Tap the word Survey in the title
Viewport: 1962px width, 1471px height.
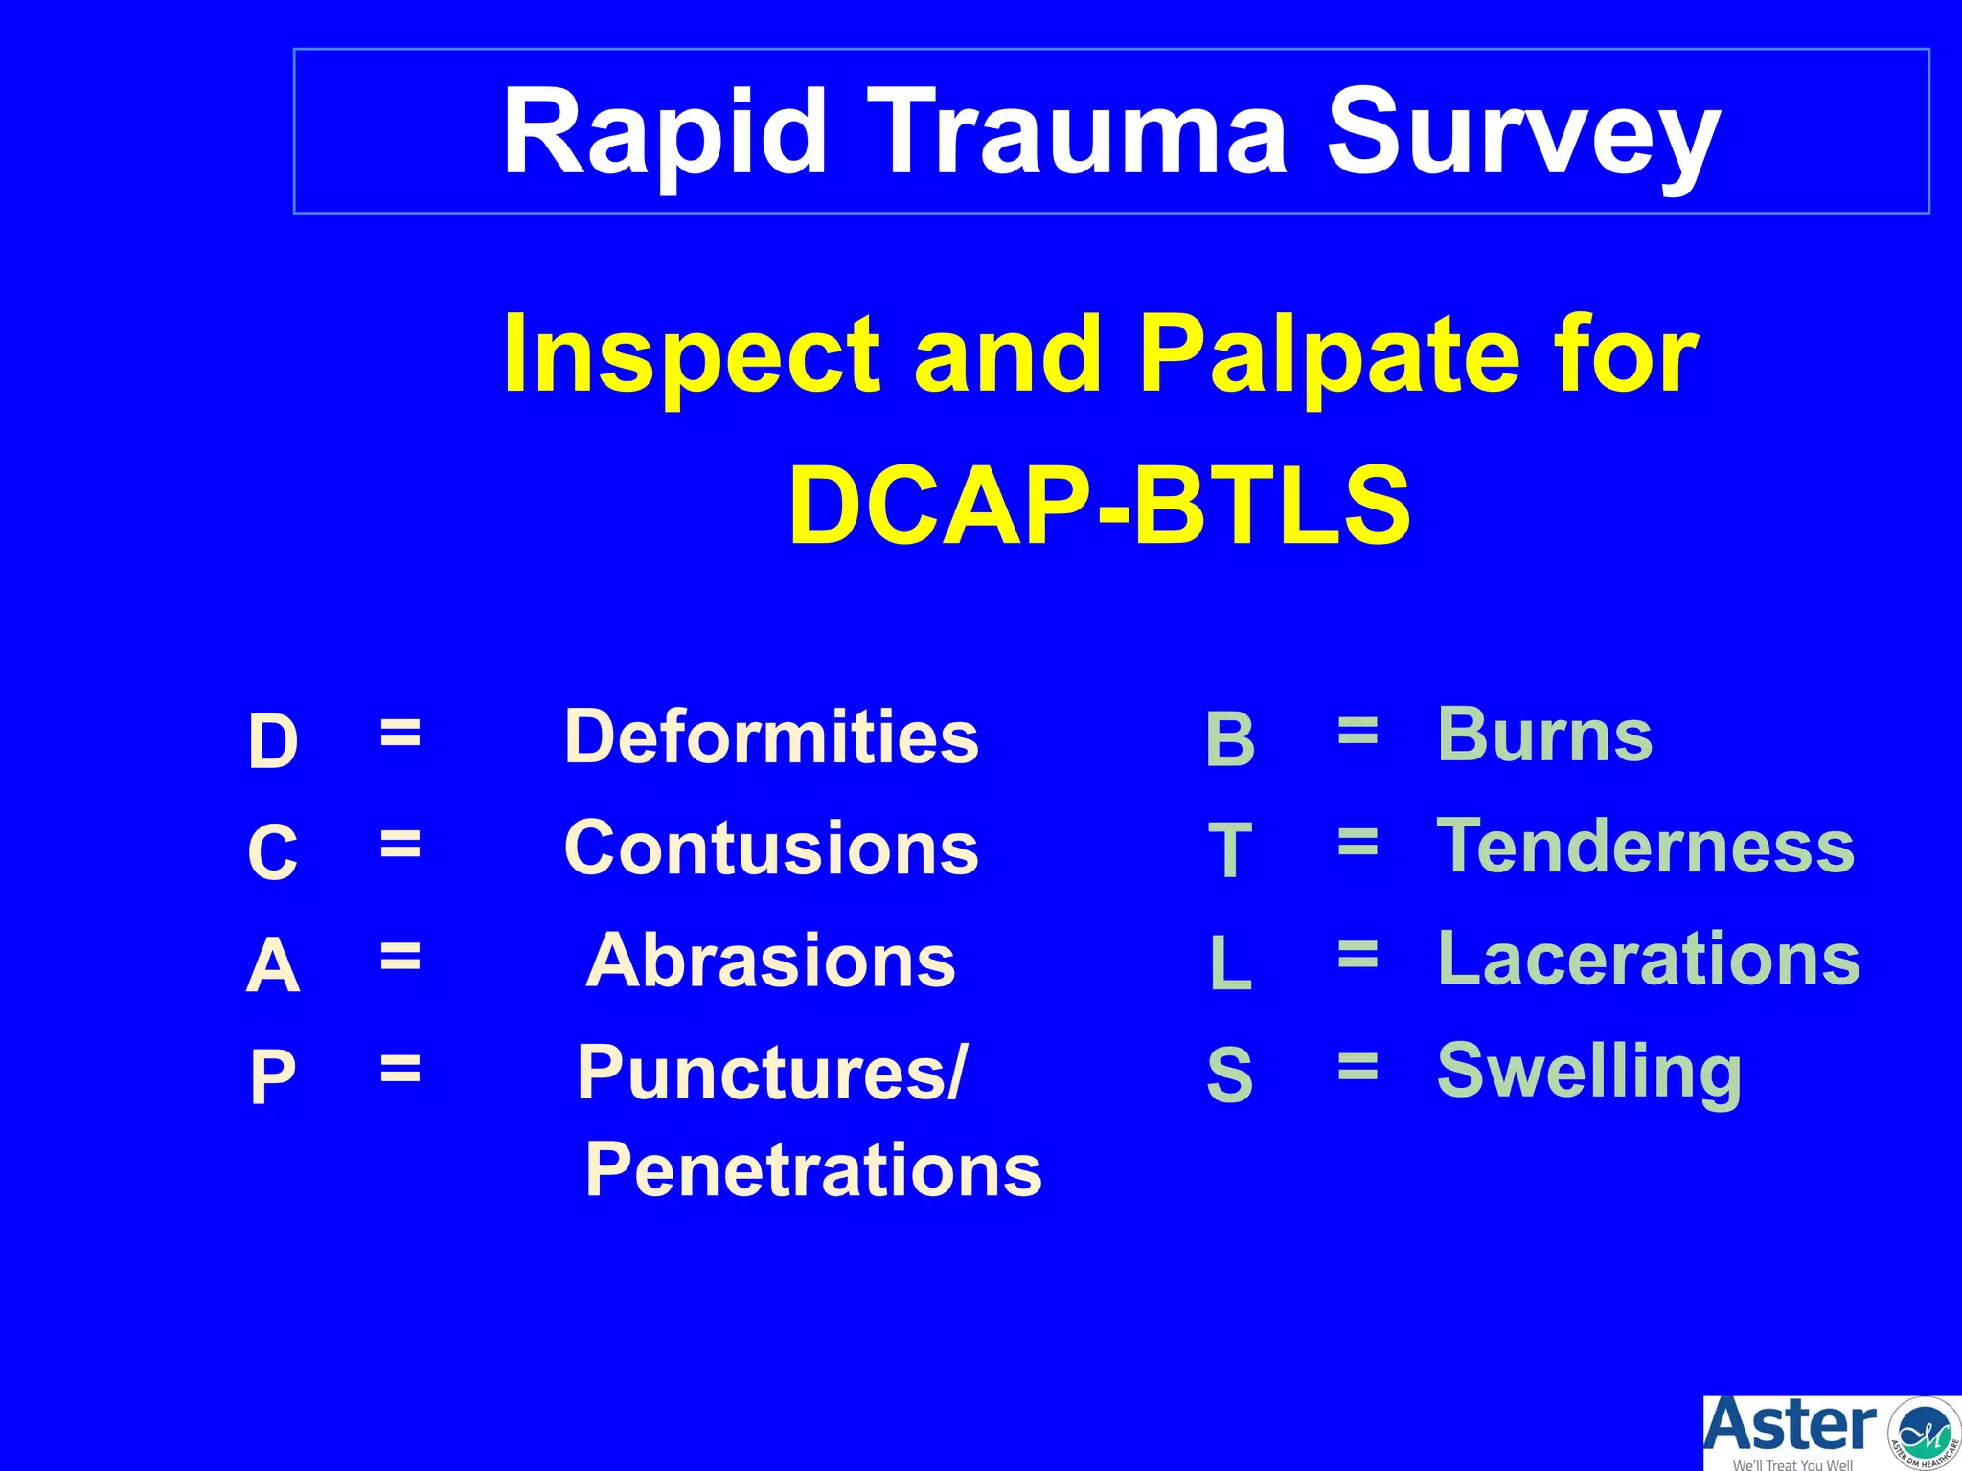pyautogui.click(x=1523, y=134)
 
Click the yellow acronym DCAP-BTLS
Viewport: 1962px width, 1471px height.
pyautogui.click(x=1099, y=506)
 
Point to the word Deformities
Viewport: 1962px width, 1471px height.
pyautogui.click(x=771, y=736)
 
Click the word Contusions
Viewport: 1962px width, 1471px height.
pyautogui.click(x=771, y=849)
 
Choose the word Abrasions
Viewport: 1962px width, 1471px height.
pyautogui.click(x=771, y=961)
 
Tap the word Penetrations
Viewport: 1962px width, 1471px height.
pyautogui.click(x=812, y=1170)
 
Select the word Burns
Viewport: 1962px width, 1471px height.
pyautogui.click(x=1544, y=735)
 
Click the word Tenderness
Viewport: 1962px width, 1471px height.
pyautogui.click(x=1646, y=847)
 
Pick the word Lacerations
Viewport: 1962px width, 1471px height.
pyautogui.click(x=1649, y=959)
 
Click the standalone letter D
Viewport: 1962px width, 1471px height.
pyautogui.click(x=273, y=741)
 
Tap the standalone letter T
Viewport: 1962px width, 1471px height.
pyautogui.click(x=1230, y=850)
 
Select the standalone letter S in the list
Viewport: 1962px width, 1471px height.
pyautogui.click(x=1229, y=1075)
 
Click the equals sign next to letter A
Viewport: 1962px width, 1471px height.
pyautogui.click(x=399, y=955)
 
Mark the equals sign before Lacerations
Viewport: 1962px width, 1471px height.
pyautogui.click(x=1357, y=954)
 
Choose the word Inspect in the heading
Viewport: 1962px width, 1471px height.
pyautogui.click(x=691, y=356)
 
